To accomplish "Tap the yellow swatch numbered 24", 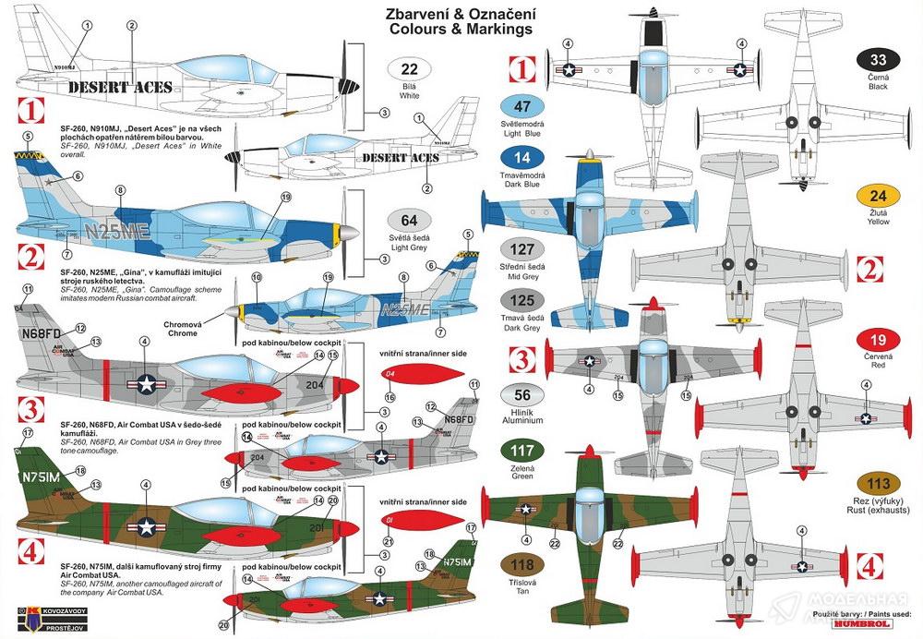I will (878, 196).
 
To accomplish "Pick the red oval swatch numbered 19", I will (878, 338).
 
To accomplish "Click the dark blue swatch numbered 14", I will (521, 158).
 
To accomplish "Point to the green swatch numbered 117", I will (521, 452).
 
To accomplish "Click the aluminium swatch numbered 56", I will (521, 392).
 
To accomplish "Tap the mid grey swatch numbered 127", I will (521, 249).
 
